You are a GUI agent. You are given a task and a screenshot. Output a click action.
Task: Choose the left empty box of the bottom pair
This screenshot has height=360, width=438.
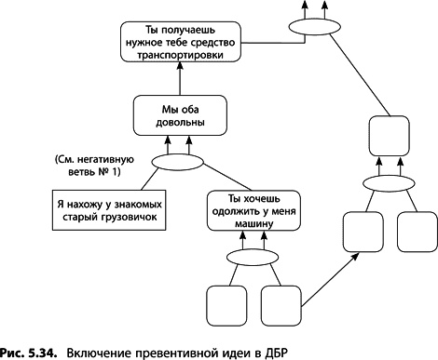click(x=223, y=303)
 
